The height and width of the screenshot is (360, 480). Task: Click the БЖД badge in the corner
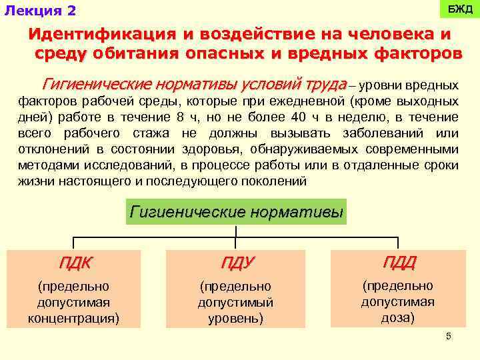459,10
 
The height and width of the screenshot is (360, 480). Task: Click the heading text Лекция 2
40,11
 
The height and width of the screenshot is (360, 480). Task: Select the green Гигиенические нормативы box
237,212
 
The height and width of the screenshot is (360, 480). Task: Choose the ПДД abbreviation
398,261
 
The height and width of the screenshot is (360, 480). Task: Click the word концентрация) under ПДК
74,318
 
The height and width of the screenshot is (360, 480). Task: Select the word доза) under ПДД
398,317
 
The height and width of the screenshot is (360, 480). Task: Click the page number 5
449,336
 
